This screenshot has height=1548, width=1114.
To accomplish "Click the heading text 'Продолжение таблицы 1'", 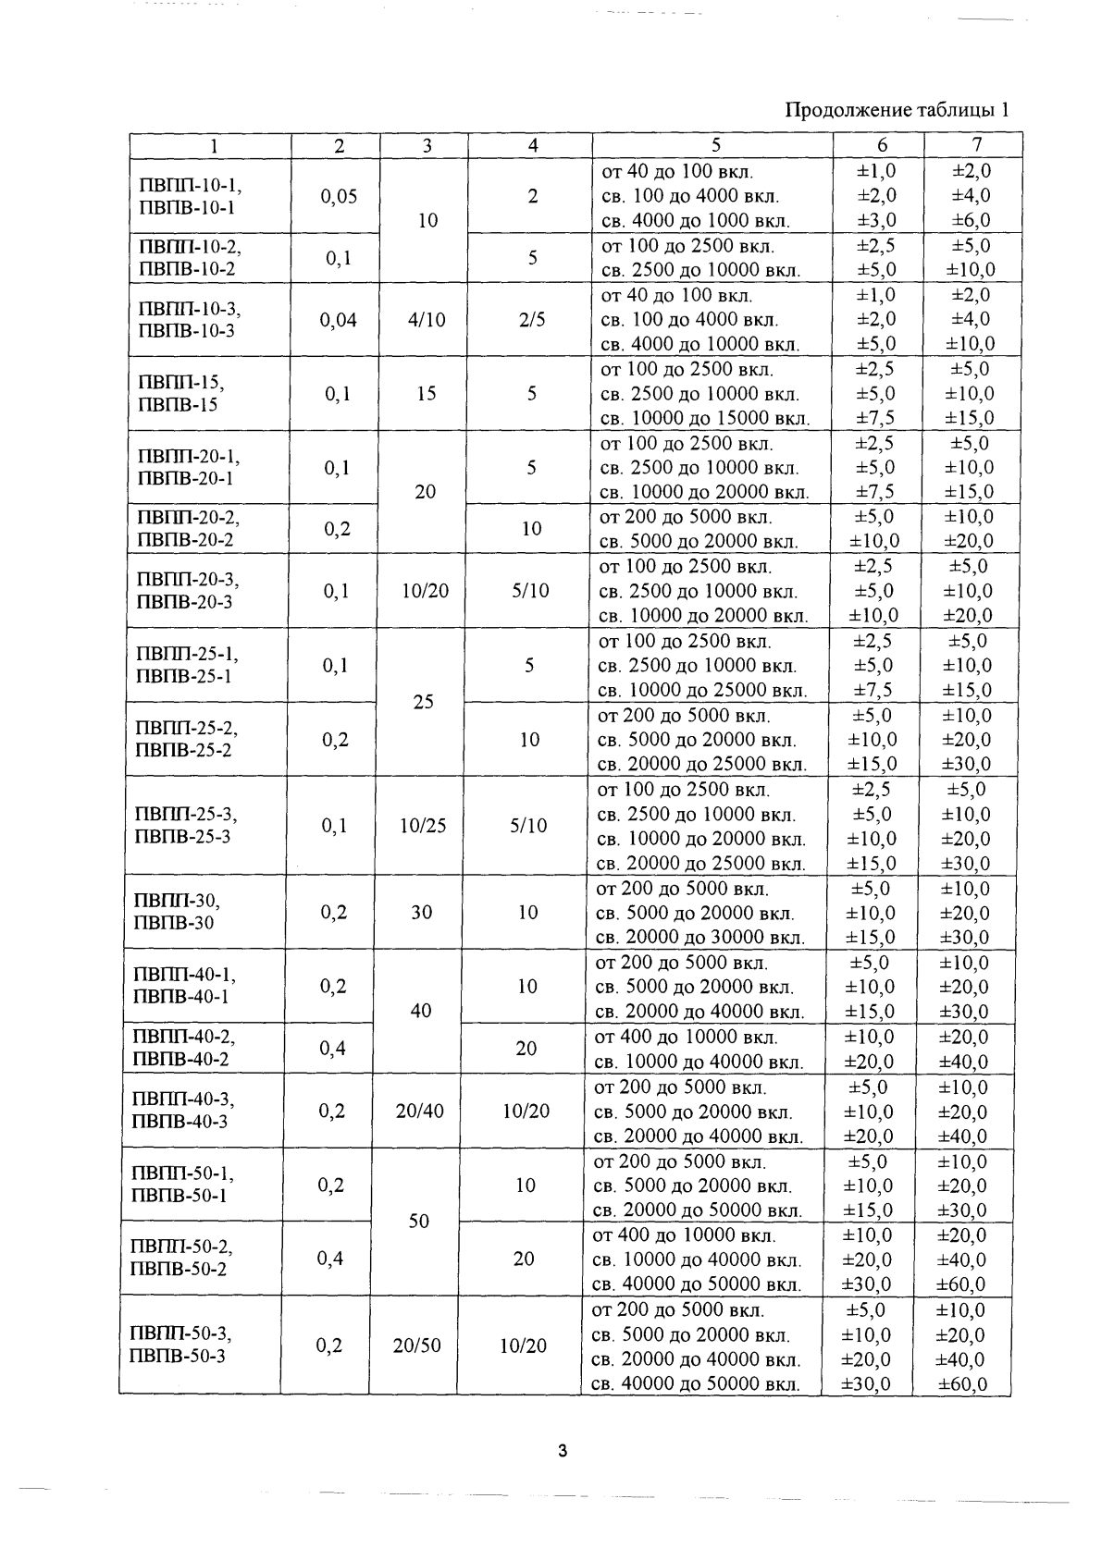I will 896,111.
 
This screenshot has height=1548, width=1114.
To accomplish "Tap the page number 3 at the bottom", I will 562,1450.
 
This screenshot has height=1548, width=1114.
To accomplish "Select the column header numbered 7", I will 976,145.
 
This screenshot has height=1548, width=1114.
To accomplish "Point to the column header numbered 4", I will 532,145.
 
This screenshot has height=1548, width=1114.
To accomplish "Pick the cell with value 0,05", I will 339,196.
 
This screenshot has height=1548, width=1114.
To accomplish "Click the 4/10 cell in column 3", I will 426,320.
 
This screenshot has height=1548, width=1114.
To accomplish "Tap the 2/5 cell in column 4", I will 532,320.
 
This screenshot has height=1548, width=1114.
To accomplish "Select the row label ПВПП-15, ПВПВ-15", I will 180,393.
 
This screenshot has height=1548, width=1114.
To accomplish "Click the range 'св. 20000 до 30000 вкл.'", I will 699,938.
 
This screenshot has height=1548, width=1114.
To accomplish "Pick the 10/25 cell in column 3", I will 423,826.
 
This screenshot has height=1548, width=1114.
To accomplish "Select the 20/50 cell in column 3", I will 417,1346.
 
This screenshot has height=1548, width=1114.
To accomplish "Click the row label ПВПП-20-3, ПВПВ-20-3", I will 183,591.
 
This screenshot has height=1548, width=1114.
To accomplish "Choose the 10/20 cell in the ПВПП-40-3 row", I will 526,1112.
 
